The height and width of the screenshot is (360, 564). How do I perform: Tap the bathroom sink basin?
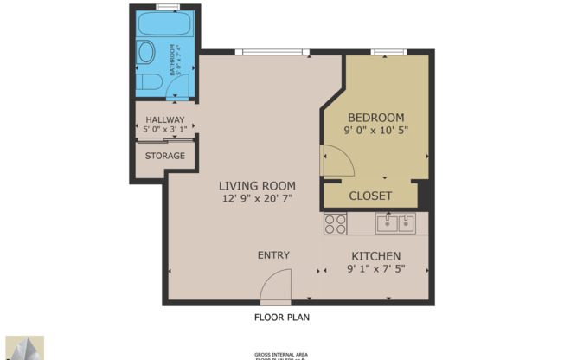point(146,52)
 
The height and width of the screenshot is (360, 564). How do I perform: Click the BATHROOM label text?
point(173,60)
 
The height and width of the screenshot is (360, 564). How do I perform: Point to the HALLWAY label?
point(164,120)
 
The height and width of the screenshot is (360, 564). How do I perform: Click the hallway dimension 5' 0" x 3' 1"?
point(164,130)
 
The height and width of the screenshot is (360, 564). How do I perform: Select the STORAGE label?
point(164,156)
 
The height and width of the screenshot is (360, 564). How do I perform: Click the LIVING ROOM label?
point(257,186)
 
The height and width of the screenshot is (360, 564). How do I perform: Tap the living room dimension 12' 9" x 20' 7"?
point(257,198)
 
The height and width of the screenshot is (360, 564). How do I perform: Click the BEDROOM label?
point(375,118)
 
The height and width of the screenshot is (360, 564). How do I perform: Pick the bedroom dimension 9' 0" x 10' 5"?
point(375,130)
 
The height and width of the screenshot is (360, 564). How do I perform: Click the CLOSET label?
point(370,196)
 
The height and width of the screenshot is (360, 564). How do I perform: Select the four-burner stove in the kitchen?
point(335,224)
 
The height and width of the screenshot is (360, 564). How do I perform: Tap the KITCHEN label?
point(375,256)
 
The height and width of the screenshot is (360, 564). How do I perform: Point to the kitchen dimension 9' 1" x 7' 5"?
point(375,269)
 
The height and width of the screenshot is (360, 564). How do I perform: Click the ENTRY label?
point(273,255)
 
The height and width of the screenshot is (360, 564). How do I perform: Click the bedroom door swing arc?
point(336,161)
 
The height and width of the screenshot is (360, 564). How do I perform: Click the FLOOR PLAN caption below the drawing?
point(281,317)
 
